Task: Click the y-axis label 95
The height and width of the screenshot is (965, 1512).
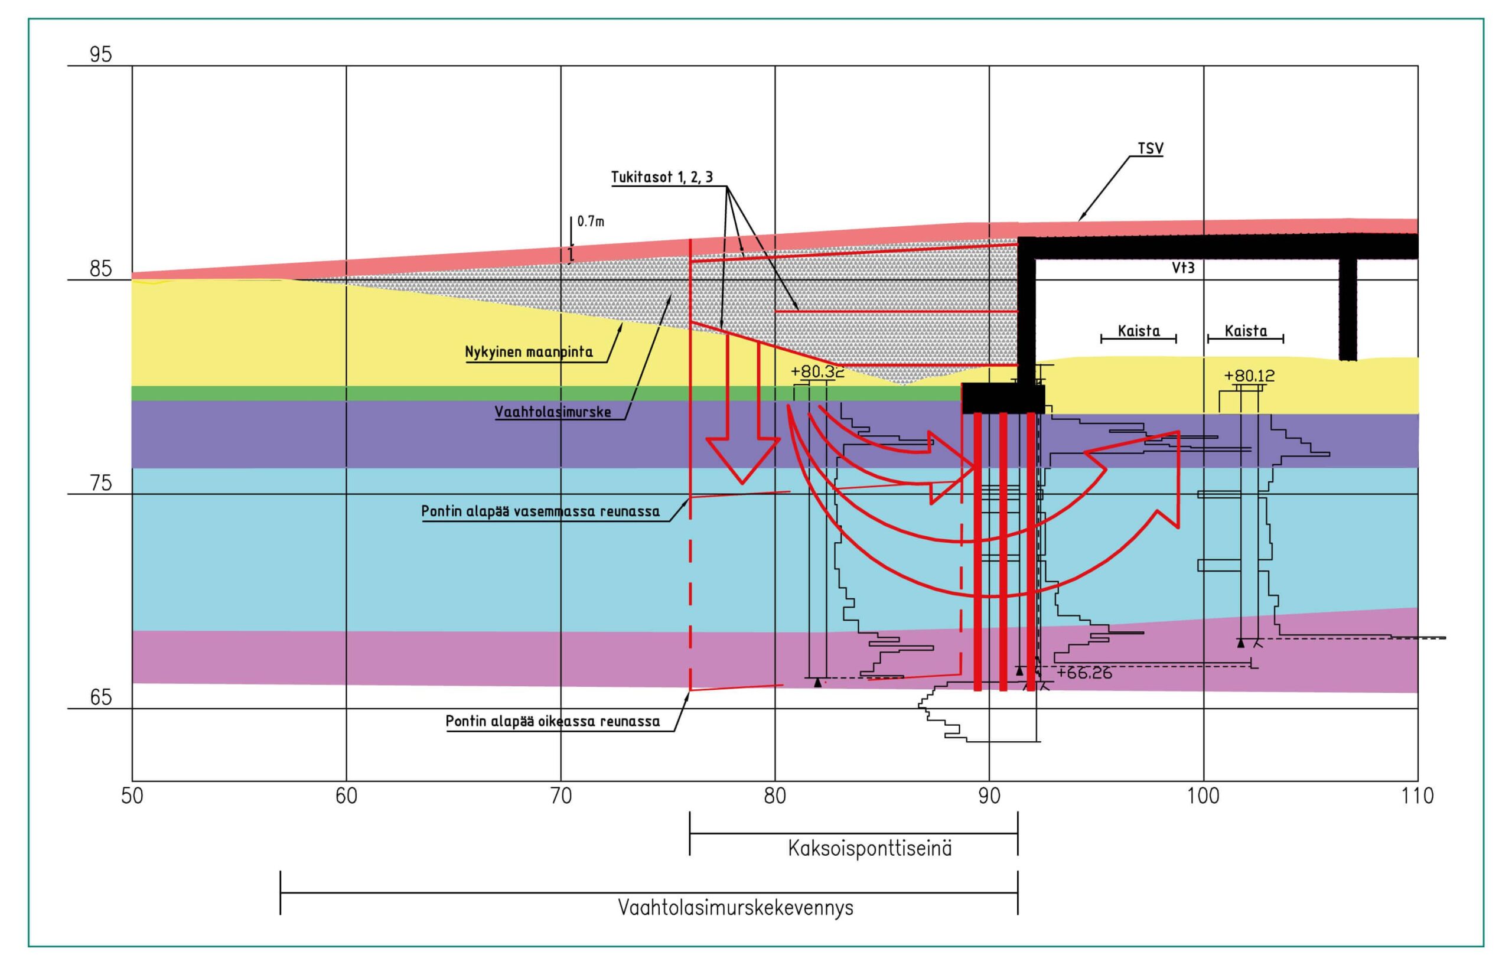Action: click(100, 54)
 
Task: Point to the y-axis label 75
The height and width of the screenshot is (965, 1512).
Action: click(100, 484)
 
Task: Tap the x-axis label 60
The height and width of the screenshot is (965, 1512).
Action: click(346, 796)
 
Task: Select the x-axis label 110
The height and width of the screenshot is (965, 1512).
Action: click(1417, 796)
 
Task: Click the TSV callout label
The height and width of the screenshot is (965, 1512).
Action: click(1151, 149)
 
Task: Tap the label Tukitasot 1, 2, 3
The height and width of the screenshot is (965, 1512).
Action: click(663, 177)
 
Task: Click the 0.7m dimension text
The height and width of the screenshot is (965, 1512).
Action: click(591, 221)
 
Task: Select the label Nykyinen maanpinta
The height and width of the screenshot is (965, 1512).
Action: click(529, 351)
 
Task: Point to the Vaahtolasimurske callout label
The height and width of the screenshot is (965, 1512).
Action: click(553, 412)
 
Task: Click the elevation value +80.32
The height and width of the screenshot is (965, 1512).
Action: click(817, 371)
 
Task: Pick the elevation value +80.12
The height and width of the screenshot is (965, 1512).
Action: click(1249, 376)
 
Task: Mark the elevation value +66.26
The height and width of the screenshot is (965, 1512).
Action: click(1084, 673)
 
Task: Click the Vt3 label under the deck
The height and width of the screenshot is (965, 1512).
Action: click(1183, 268)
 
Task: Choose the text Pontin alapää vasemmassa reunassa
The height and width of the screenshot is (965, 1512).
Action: click(540, 511)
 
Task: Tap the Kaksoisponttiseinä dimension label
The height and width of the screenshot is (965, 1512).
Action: click(869, 849)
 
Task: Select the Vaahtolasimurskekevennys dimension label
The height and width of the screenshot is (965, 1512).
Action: click(735, 907)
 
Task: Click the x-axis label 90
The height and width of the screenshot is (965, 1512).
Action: click(989, 796)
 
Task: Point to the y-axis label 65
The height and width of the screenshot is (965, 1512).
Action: click(100, 697)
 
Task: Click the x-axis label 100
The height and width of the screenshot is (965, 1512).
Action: click(1203, 796)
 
